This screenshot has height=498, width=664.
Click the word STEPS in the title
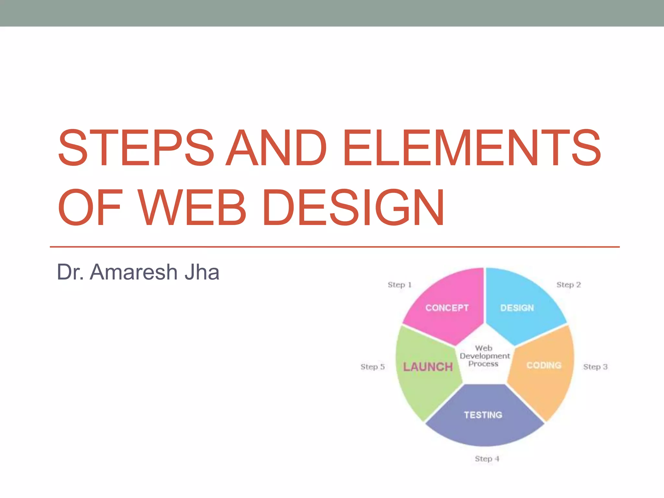click(136, 148)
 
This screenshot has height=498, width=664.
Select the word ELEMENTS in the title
click(472, 148)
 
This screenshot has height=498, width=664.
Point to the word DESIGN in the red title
click(353, 207)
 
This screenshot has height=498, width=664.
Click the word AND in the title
click(276, 148)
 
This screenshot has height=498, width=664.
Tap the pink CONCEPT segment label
click(447, 308)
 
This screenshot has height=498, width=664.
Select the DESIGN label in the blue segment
click(517, 308)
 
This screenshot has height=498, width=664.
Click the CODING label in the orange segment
click(544, 365)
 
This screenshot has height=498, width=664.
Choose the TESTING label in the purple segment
click(483, 415)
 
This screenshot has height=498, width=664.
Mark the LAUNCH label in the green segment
click(428, 367)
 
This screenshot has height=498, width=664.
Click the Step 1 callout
click(399, 285)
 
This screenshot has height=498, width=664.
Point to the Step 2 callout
click(568, 285)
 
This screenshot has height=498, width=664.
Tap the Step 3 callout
click(595, 367)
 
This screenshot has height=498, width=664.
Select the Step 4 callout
click(487, 458)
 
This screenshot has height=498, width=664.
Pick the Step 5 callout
click(373, 367)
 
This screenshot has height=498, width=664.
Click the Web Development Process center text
click(484, 356)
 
